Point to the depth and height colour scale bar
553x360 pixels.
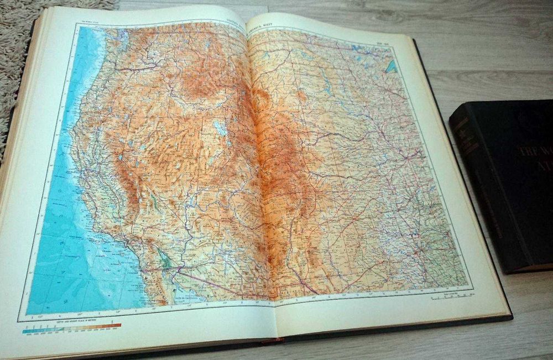tap(72, 328)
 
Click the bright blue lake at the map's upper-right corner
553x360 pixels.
tap(392, 67)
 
